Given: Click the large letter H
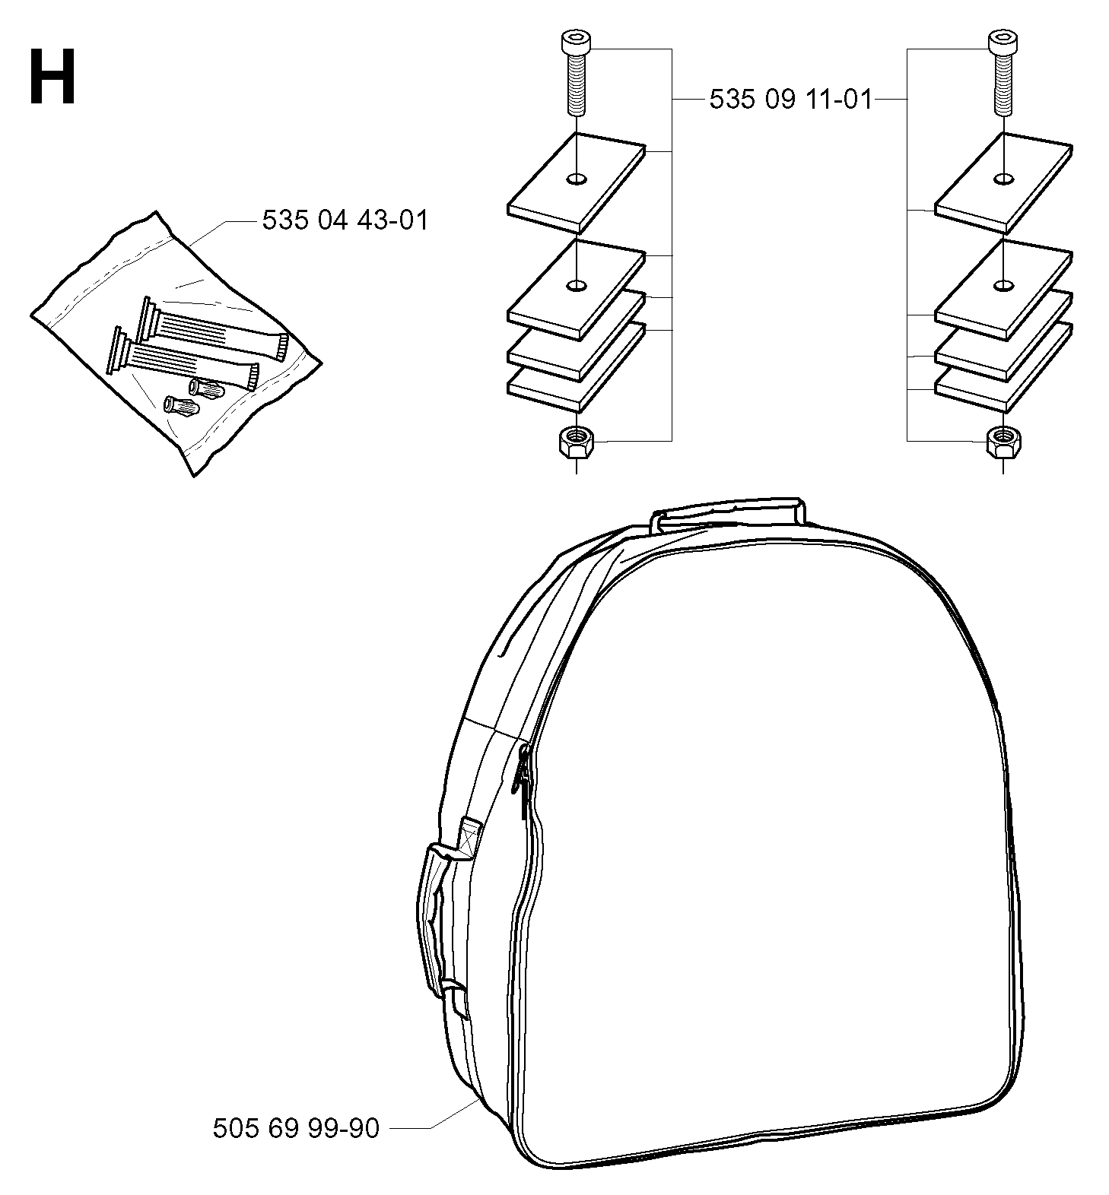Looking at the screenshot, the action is [52, 78].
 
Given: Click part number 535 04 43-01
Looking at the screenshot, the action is [345, 220].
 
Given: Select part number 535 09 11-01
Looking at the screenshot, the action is [790, 100].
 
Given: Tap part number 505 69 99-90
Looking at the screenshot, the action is [296, 1128].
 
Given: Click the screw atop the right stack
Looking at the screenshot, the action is [1003, 73].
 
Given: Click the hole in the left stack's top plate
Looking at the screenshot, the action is [577, 179].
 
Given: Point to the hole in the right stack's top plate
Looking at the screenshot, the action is [1003, 179].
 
